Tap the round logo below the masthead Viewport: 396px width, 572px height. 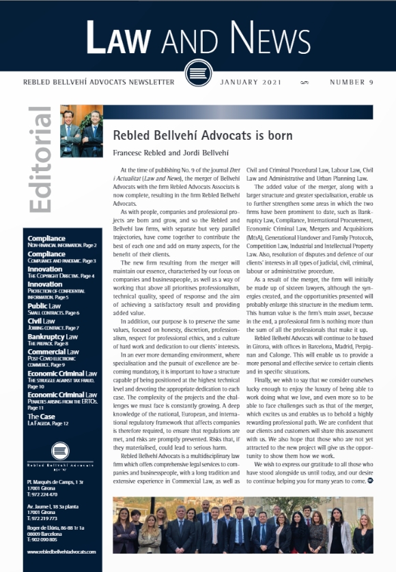point(197,72)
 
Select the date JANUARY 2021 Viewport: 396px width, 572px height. point(251,82)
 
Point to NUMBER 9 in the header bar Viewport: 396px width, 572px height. point(351,82)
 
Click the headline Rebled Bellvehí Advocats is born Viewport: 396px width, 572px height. point(202,136)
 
